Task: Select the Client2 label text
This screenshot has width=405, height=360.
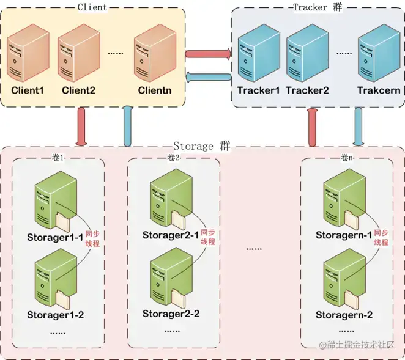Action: (x=78, y=90)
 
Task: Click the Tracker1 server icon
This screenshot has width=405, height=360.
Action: (x=258, y=53)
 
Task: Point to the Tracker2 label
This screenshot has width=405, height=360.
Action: (x=307, y=90)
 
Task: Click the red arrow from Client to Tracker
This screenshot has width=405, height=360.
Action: (x=207, y=54)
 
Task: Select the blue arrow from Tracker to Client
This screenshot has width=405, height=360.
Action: (x=207, y=76)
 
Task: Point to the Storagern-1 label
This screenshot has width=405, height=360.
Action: (x=344, y=235)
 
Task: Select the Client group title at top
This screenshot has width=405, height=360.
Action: (x=92, y=7)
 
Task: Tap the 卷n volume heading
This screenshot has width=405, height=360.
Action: (x=347, y=158)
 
